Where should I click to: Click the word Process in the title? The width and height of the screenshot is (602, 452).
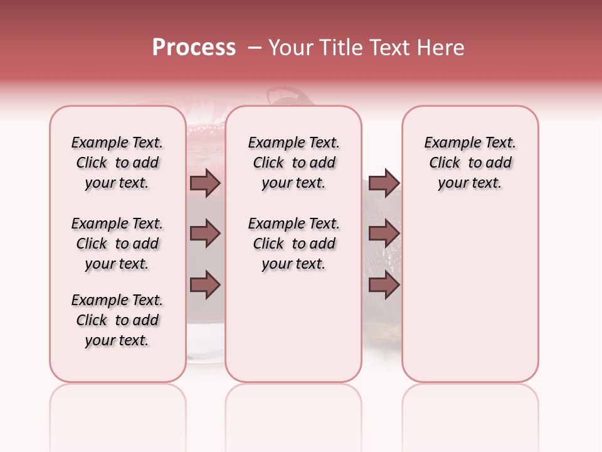pos(194,48)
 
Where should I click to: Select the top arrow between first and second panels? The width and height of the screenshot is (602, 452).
pos(205,183)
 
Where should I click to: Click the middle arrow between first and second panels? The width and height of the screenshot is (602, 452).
pos(205,234)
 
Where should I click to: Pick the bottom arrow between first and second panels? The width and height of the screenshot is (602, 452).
pos(205,285)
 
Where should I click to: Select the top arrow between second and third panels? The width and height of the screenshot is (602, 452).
pos(384,183)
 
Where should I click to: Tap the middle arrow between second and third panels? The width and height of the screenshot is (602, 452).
pos(384,234)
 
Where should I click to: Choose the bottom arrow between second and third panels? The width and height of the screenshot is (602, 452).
pos(384,285)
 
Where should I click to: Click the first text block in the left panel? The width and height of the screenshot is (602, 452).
pos(117,163)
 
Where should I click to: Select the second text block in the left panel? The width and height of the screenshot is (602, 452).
pos(117,244)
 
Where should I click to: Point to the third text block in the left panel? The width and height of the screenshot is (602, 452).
pos(117,320)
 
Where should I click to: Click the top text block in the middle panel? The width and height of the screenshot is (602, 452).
pos(294,163)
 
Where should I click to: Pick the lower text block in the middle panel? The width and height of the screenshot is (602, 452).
pos(294,244)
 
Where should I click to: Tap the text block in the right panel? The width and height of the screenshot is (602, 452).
pos(470,163)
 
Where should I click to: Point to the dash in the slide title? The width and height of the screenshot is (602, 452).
pos(254,48)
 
